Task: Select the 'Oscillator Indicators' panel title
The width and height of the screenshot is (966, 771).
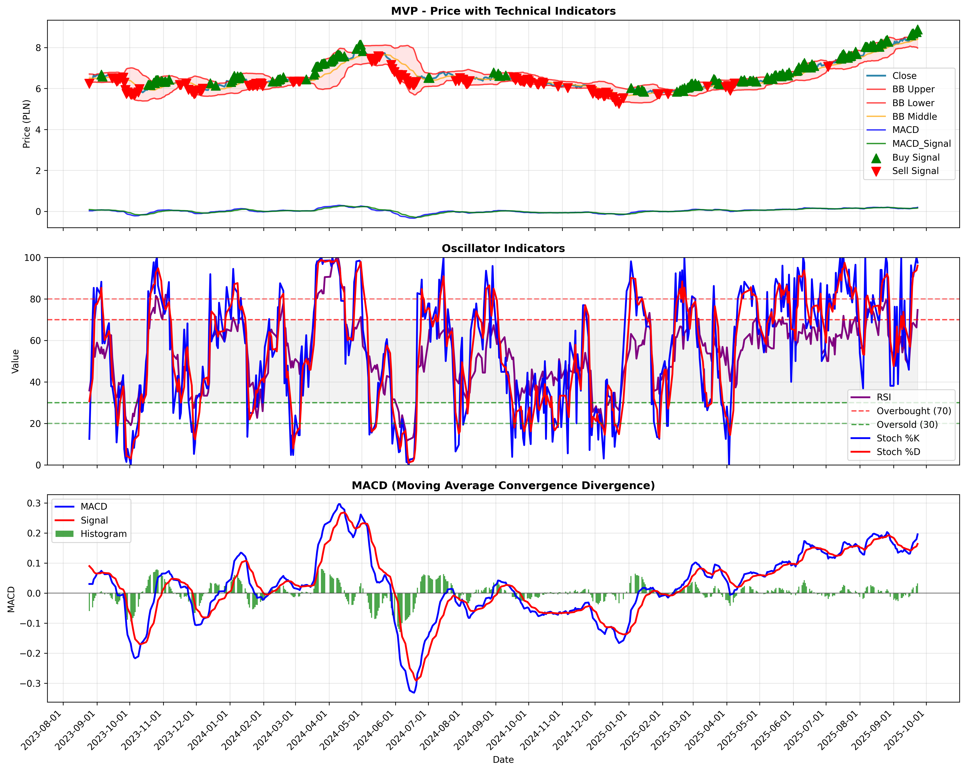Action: click(x=503, y=248)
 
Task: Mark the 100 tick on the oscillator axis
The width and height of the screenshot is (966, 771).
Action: click(x=33, y=258)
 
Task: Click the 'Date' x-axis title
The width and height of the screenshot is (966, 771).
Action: click(x=503, y=760)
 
